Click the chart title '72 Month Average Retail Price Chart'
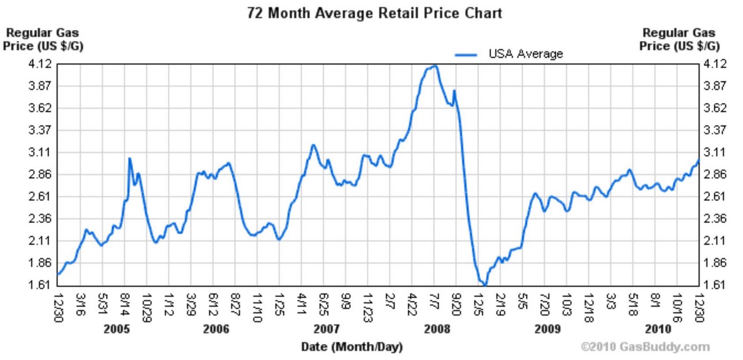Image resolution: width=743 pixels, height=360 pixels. click(374, 13)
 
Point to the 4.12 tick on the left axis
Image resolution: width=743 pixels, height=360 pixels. click(40, 64)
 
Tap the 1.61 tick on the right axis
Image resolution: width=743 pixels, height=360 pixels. click(715, 284)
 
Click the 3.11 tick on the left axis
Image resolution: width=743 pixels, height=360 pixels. click(40, 152)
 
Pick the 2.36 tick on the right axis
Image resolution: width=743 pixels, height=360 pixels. click(715, 218)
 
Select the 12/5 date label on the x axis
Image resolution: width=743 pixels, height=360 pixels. click(478, 304)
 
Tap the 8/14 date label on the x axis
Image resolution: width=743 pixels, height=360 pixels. click(124, 304)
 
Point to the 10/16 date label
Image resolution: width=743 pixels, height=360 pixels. click(677, 307)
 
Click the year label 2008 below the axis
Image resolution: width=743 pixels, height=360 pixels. click(437, 329)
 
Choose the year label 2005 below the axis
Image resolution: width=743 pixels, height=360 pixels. click(117, 329)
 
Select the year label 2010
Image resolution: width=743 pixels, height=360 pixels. click(658, 329)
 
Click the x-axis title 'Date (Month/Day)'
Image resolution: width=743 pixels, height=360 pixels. click(352, 347)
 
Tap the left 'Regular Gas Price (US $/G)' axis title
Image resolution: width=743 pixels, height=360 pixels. click(43, 39)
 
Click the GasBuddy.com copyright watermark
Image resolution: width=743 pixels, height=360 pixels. click(645, 347)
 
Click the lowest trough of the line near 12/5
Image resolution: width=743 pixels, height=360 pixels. click(485, 285)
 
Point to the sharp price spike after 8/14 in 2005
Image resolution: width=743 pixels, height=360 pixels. click(130, 158)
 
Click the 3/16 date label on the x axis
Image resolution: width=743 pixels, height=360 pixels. click(80, 304)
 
